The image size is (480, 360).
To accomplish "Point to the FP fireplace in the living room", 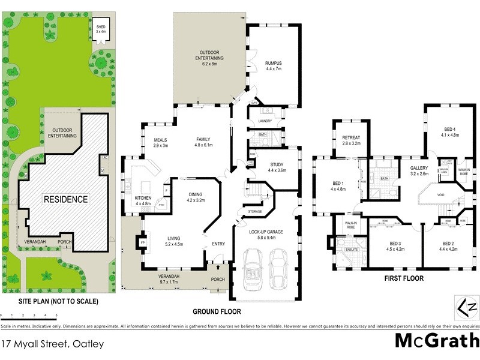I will (143, 243).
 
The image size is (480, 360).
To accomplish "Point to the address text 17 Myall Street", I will (53, 344).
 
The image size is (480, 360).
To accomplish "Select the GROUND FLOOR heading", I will (217, 311).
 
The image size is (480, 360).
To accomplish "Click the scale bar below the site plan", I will (29, 314).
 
